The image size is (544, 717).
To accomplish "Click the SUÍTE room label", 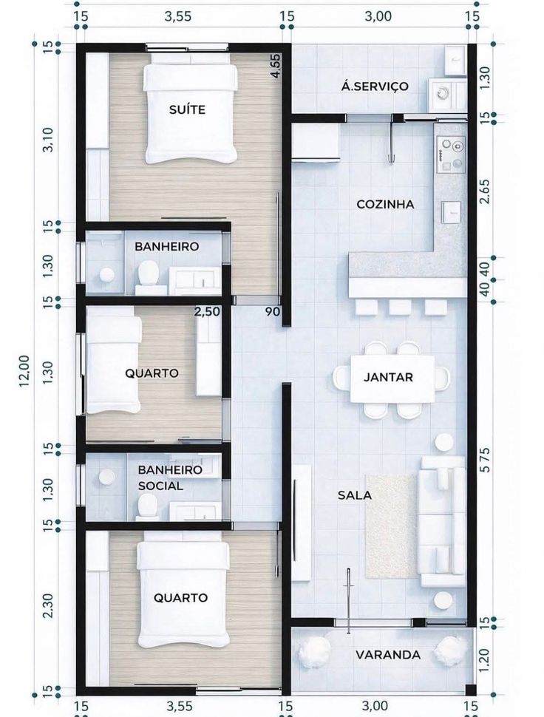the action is click(187, 109).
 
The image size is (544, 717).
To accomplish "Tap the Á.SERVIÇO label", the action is click(375, 86).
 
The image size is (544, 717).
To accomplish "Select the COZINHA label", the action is click(385, 205).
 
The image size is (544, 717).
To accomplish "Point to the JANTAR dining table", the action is click(392, 378).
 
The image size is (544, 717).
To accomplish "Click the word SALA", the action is click(354, 495).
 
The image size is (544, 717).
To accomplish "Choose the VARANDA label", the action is click(388, 655).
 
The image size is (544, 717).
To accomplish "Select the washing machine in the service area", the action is click(441, 94).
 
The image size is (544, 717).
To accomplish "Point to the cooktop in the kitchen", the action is click(451, 154).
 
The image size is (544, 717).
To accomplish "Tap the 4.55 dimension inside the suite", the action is click(276, 67).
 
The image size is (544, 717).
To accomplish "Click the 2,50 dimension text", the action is click(207, 312).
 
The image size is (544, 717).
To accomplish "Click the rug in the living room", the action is click(391, 526).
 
